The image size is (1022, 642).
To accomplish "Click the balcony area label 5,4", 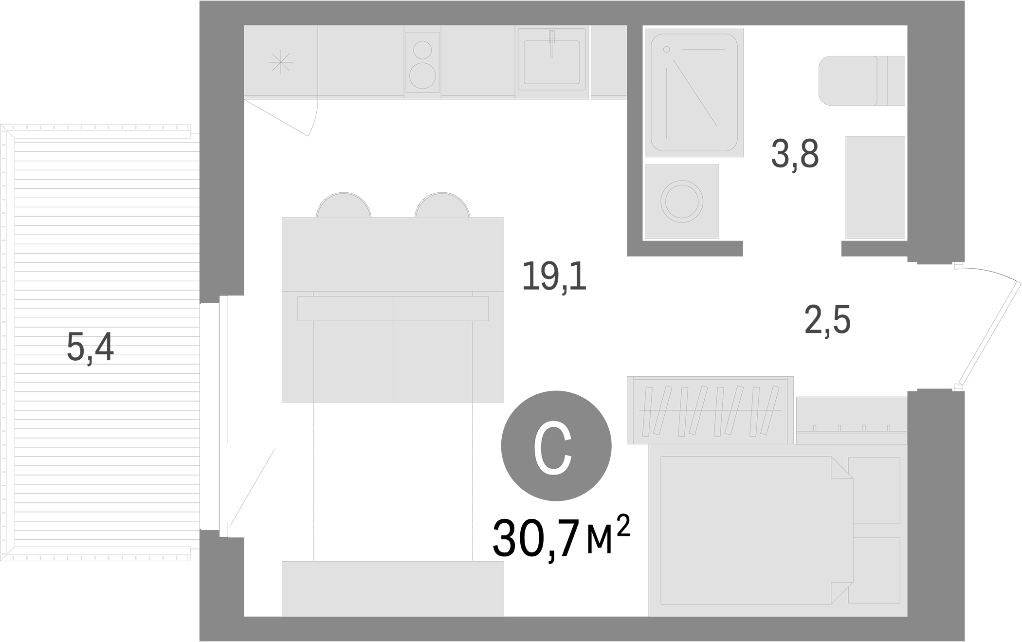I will coord(90,348).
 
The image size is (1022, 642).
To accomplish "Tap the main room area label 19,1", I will coord(554,276).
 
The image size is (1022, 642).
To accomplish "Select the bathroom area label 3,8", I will coord(795,154).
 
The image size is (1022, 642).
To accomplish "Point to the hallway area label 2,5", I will coord(827,320).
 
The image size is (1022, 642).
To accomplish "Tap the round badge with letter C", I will coord(556,445).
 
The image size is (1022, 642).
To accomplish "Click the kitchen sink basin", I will coord(551,62).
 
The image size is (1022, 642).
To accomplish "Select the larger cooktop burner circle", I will coord(422,75).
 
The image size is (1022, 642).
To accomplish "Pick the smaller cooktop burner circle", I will coord(422,50).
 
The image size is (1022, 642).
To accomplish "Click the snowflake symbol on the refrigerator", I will coord(281,63).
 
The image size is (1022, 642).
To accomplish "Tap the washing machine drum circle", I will coord(681,202).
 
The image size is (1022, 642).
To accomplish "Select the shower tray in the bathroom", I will coord(693,92).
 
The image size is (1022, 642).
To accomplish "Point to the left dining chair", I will coord(344,205).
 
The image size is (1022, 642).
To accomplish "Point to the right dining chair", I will coord(442,205).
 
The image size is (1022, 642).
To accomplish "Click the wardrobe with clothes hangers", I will coord(710,410).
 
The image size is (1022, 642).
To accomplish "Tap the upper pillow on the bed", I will coord(874,490).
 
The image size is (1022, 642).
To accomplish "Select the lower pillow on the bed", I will coord(874,570).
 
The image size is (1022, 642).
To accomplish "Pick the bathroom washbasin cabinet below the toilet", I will coord(875,187).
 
